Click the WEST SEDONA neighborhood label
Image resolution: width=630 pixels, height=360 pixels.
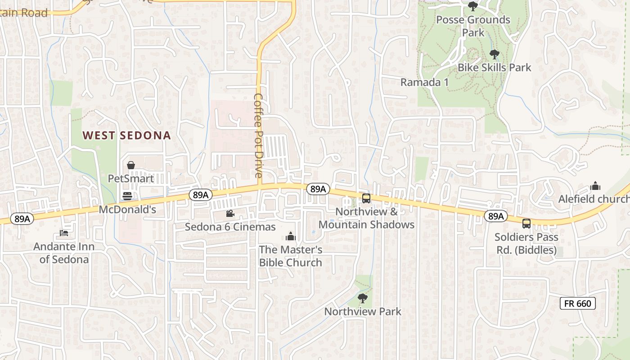coord(127,135)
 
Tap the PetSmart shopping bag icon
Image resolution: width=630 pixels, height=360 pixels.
coord(131,166)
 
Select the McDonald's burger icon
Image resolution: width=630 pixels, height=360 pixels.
coord(128,196)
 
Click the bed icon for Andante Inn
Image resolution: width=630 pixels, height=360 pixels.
coord(64,233)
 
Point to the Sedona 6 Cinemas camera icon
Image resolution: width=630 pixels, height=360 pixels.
coord(230,213)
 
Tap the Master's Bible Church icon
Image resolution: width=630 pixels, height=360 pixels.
coord(291,236)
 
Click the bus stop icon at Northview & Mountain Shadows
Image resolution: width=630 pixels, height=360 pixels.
coord(366,198)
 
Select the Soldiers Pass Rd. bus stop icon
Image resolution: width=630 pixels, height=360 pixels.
coord(526,223)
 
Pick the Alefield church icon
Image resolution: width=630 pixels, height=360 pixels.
coord(595,186)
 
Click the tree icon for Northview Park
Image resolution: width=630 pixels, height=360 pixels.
coord(362,298)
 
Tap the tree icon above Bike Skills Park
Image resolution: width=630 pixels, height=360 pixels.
coord(494,54)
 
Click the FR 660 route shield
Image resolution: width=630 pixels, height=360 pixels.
coord(578,303)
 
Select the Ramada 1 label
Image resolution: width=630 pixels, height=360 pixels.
coord(424,82)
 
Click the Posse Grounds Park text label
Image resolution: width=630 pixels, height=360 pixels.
coord(473,26)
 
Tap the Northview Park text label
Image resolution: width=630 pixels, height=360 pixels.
coord(363,311)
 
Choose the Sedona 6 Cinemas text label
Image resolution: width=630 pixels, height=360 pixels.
coord(230,227)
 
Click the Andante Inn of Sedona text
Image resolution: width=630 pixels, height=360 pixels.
coord(64,253)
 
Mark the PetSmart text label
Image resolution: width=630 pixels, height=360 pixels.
coord(131,179)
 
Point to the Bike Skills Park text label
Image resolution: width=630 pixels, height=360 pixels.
coord(494,68)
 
